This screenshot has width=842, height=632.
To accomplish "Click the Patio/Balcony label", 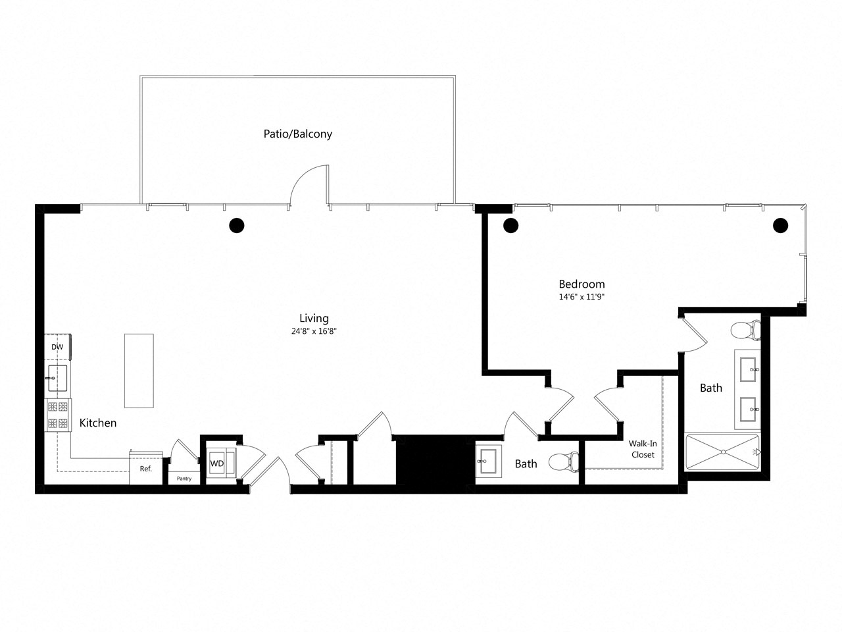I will point(294,134).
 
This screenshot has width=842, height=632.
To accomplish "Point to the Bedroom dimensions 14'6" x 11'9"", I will point(582,297).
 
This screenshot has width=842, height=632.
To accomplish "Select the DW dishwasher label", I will point(57,347).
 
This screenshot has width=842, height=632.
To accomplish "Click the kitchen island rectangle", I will point(139,371).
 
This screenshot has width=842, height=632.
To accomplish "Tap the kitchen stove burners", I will point(58,415).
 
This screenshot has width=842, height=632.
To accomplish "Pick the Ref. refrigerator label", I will point(145,469).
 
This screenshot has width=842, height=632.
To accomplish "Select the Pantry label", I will point(184,479).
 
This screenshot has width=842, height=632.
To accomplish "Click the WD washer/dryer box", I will point(217,464).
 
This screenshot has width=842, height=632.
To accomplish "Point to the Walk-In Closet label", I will point(643,450).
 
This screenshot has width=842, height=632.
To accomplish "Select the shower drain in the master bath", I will point(722,452).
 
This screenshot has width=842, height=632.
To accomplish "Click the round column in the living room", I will point(236,226).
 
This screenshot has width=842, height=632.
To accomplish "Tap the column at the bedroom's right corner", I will point(780,226).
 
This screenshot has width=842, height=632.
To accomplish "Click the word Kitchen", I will point(98,423).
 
